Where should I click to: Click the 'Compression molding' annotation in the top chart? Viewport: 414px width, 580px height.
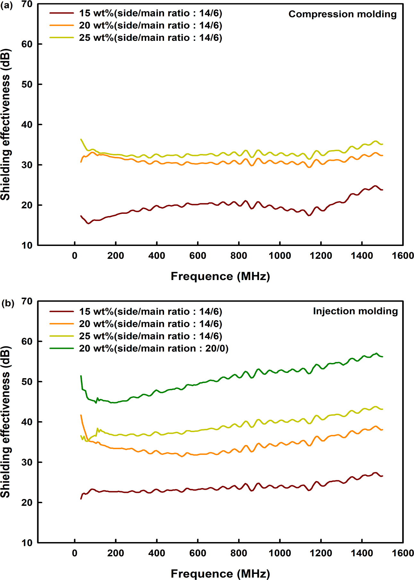point(342,14)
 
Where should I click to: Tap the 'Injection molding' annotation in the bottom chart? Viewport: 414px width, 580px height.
point(355,311)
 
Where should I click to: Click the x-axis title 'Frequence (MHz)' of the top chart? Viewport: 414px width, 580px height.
point(220,276)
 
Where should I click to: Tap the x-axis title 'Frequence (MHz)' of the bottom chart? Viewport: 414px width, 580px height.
point(220,574)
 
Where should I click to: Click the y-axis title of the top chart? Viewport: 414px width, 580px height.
point(6,124)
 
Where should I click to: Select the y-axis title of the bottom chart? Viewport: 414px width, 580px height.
point(6,422)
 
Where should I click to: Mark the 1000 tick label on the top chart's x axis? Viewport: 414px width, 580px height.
point(280,256)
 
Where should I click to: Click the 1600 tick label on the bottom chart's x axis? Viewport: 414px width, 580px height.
point(403,553)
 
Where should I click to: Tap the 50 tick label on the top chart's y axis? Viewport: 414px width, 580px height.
point(27,84)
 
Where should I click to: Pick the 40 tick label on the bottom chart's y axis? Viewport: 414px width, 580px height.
point(27,422)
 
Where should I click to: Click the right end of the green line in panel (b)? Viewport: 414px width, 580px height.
point(383,357)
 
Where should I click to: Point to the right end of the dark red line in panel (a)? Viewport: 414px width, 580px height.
point(383,190)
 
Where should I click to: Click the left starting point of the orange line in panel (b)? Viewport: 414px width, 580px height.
point(81,415)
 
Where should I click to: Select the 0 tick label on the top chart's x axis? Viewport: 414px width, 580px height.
point(75,256)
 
